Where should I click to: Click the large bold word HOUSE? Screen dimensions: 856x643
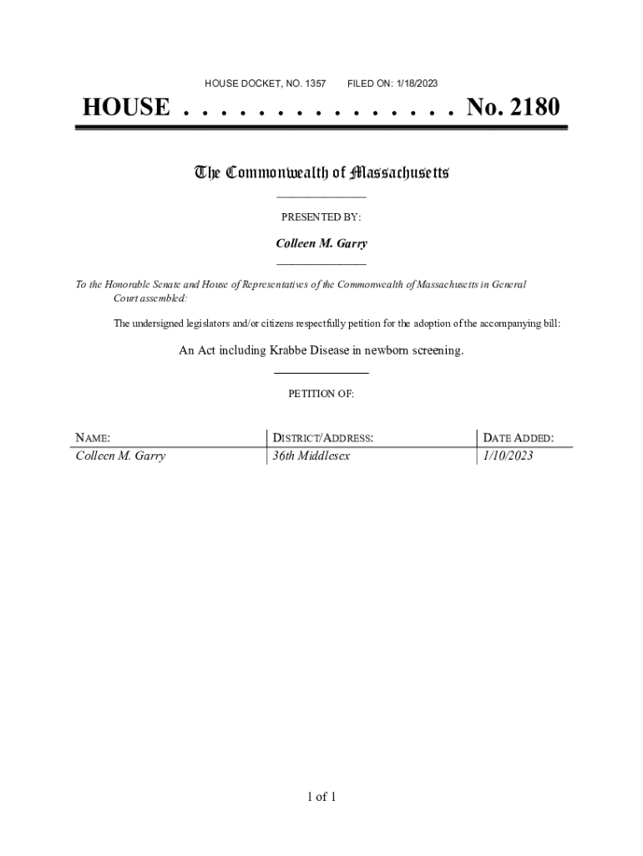[125, 108]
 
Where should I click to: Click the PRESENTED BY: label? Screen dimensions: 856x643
[321, 217]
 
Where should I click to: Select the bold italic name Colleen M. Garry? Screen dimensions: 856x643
[321, 243]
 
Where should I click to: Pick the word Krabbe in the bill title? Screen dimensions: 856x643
[288, 350]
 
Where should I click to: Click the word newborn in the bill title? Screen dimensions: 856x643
[380, 350]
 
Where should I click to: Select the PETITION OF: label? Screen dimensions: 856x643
[321, 394]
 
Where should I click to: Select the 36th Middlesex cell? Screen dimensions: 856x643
[306, 456]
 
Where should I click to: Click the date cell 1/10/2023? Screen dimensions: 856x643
[508, 456]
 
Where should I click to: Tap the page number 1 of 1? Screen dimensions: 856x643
[321, 797]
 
